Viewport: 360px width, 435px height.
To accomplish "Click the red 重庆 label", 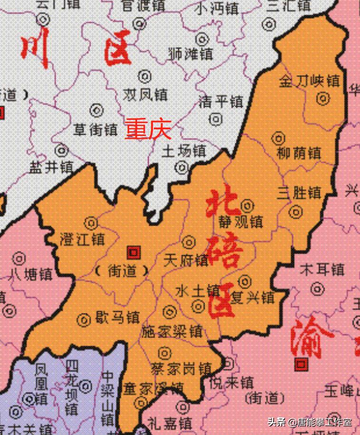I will click(148, 129).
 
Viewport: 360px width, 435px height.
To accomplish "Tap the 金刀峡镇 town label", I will click(310, 80).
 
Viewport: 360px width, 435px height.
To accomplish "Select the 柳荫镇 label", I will click(298, 153).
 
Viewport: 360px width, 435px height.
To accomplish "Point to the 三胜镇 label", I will click(300, 193).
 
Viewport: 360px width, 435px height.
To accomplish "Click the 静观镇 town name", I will click(241, 222).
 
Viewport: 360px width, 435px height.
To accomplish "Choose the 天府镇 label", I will click(186, 260).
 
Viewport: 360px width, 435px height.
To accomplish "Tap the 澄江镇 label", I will click(83, 240).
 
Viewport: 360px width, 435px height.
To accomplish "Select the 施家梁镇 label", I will click(172, 331).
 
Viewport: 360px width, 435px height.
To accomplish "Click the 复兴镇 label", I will click(253, 298).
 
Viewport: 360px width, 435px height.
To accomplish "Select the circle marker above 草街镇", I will click(97, 110).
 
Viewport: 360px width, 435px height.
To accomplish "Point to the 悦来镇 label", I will click(233, 382).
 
